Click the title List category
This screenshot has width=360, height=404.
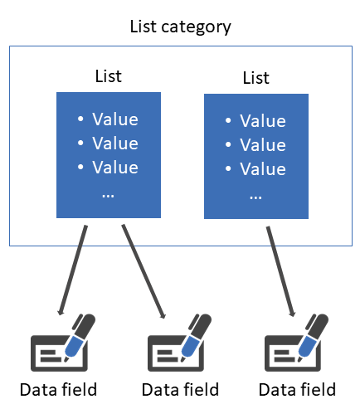coord(180,27)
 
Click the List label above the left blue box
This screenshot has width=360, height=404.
coord(108,76)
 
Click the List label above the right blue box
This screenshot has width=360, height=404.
coord(255,78)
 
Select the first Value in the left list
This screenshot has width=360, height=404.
coord(114,119)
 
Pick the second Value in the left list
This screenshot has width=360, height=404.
coord(114,143)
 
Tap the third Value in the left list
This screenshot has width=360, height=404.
coord(114,166)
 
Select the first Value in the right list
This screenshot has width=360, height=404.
coord(262,122)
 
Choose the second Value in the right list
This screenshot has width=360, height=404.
coord(262,146)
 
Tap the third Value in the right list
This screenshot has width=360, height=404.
coord(262,169)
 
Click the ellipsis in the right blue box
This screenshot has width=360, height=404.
coord(255,196)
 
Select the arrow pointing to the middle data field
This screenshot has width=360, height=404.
coord(143,270)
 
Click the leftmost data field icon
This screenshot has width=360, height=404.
coord(62,344)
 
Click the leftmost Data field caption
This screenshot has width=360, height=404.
coord(59,389)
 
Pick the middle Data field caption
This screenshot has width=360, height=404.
coord(180,389)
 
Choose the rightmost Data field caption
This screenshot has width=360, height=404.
coord(297,389)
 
